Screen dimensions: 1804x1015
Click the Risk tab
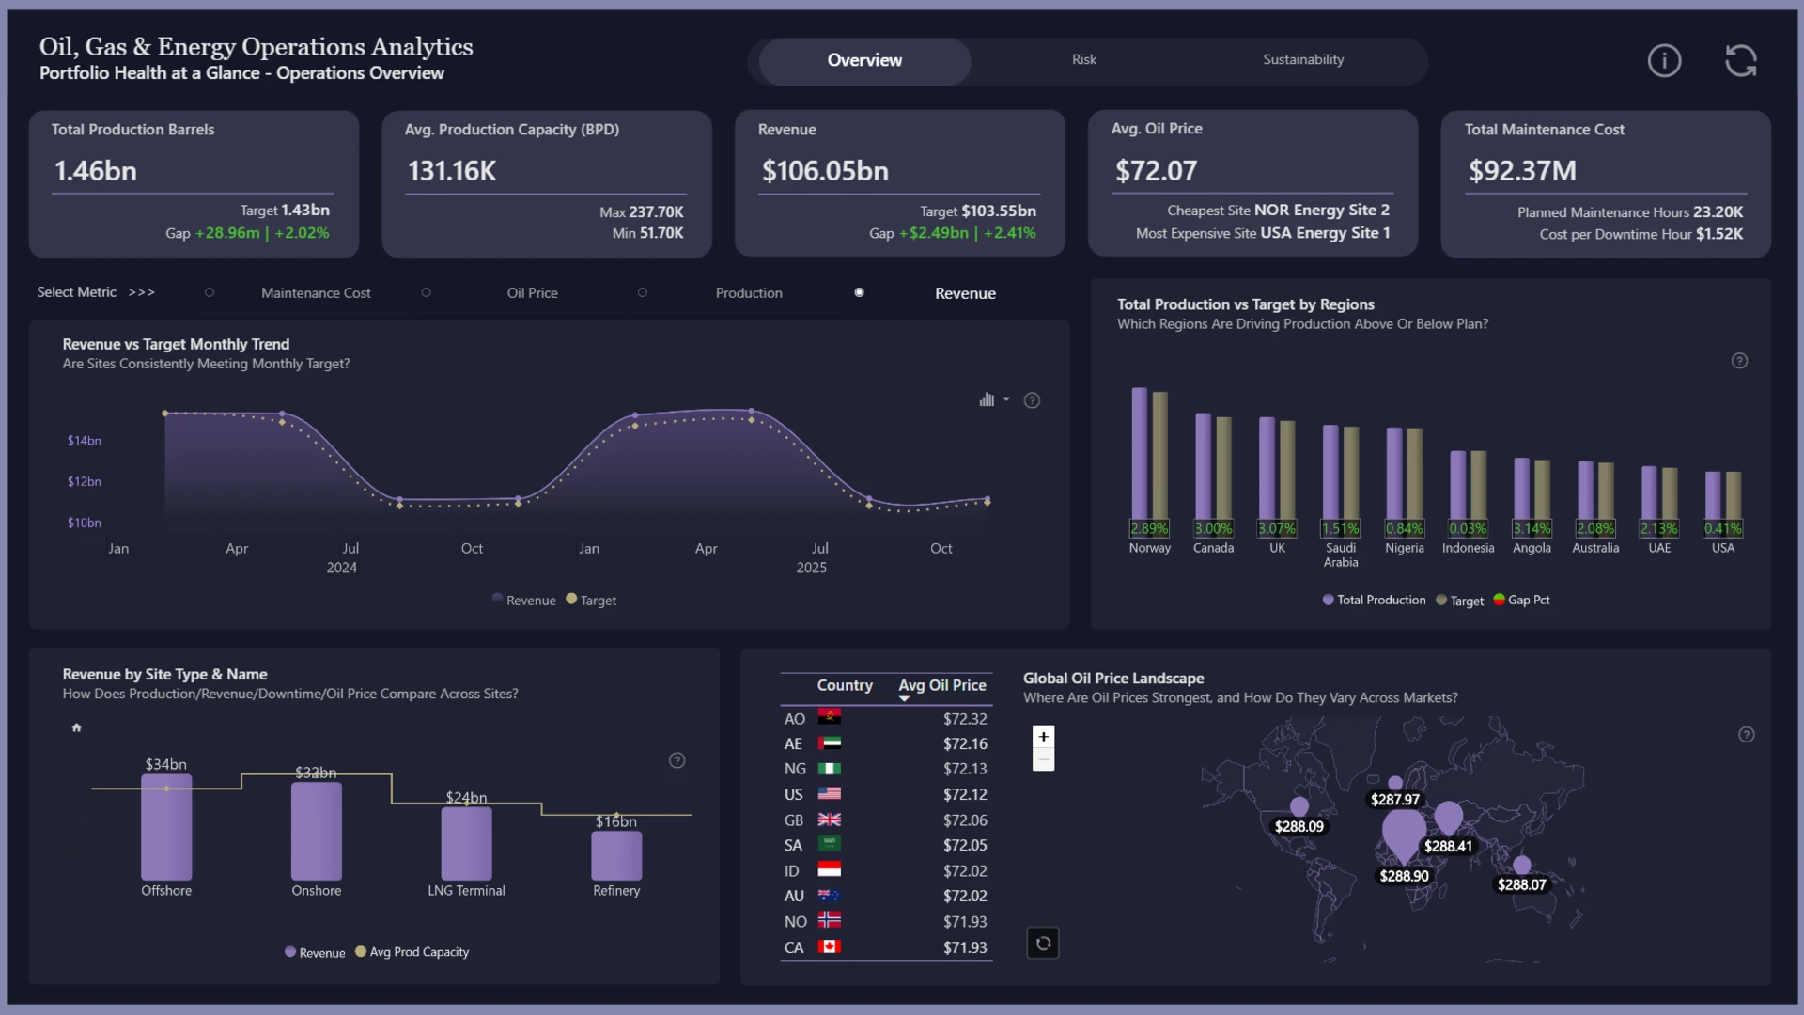pos(1084,59)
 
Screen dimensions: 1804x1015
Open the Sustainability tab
pos(1303,59)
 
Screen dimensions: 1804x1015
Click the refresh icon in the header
pos(1741,61)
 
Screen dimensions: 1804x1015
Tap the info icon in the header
pos(1664,61)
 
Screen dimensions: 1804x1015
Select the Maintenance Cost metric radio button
pos(210,292)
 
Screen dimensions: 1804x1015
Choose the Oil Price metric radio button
pos(426,292)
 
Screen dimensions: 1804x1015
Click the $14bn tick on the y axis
pos(84,441)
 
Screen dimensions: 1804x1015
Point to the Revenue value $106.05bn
pos(825,171)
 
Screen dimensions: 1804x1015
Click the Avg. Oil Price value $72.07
pos(1156,171)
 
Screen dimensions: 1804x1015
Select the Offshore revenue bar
pos(166,827)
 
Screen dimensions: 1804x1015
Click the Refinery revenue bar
pos(616,855)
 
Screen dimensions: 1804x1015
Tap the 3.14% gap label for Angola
pos(1532,529)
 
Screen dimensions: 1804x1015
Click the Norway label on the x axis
pos(1149,548)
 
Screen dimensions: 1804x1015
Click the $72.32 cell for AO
pos(965,719)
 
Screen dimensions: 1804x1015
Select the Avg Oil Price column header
pos(942,686)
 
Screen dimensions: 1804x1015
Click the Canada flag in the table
pos(829,946)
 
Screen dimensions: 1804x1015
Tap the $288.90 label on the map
pos(1404,876)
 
